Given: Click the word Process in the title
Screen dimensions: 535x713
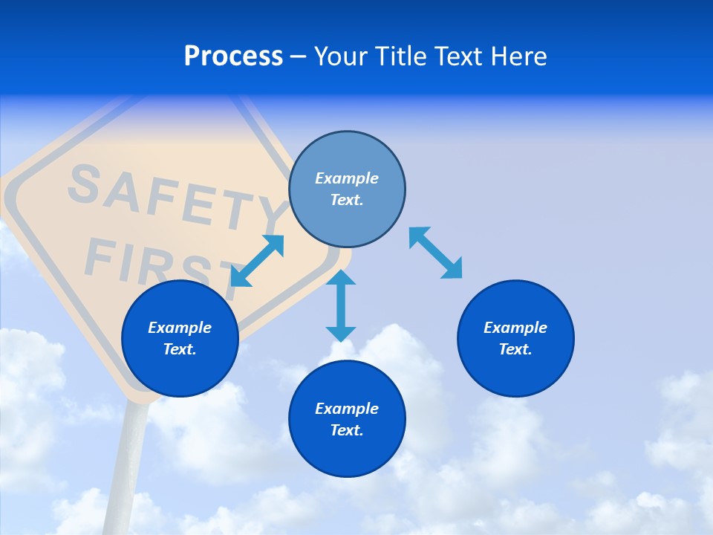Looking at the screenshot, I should [x=233, y=56].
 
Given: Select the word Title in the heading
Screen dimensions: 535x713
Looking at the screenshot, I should [x=400, y=56].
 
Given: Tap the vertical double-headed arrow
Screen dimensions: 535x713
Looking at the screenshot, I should [x=341, y=305].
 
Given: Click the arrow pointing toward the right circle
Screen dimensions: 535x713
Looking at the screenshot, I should [x=435, y=253].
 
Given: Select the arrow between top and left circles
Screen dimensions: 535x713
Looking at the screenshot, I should [x=257, y=260].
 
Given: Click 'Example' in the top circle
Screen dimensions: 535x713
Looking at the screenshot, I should [x=347, y=178].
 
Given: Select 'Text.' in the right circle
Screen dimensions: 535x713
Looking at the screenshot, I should [x=515, y=349].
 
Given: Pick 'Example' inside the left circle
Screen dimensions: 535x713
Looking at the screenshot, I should [x=180, y=328].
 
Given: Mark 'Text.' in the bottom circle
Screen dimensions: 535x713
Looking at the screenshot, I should [x=347, y=430].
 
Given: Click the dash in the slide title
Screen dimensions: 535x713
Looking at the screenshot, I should [x=298, y=56].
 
